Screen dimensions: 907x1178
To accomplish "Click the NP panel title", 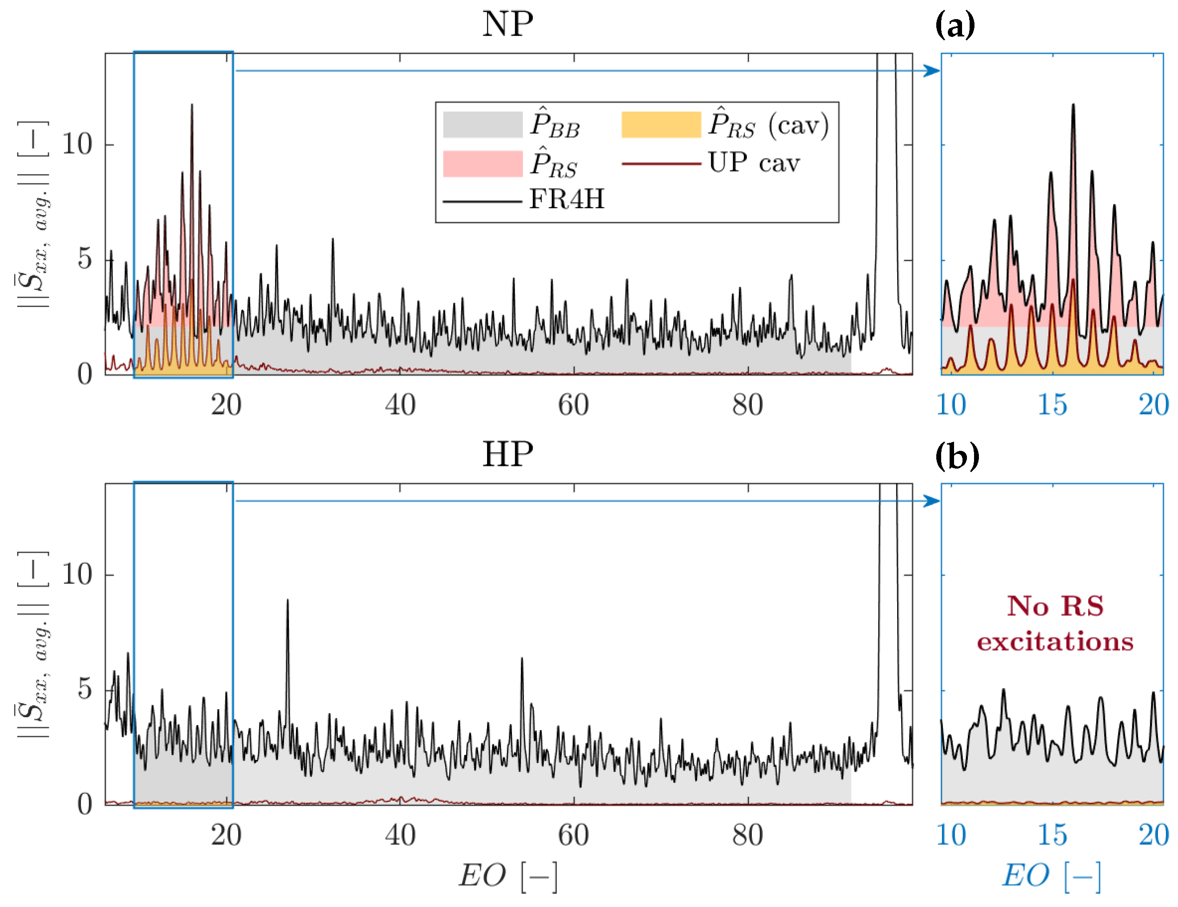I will pyautogui.click(x=507, y=24).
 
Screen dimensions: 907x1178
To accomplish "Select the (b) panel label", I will pyautogui.click(x=956, y=457).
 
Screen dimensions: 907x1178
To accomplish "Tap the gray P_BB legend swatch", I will pyautogui.click(x=482, y=124).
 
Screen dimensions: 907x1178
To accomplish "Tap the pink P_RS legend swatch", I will pyautogui.click(x=482, y=164).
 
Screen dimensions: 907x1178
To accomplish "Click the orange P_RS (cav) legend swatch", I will pyautogui.click(x=661, y=124).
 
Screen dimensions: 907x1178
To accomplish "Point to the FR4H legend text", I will pyautogui.click(x=567, y=199).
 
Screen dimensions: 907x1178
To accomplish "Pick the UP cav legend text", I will pyautogui.click(x=754, y=162).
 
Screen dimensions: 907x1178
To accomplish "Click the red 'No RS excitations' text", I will pyautogui.click(x=1055, y=624).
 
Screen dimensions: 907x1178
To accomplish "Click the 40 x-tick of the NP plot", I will pyautogui.click(x=399, y=405).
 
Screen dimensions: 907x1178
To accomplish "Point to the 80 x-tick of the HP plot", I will pyautogui.click(x=747, y=835).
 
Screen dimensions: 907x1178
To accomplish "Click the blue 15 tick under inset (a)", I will pyautogui.click(x=1052, y=405).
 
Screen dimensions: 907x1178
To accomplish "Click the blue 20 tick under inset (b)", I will pyautogui.click(x=1153, y=835).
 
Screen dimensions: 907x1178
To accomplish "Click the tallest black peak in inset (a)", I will pyautogui.click(x=1073, y=105).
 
